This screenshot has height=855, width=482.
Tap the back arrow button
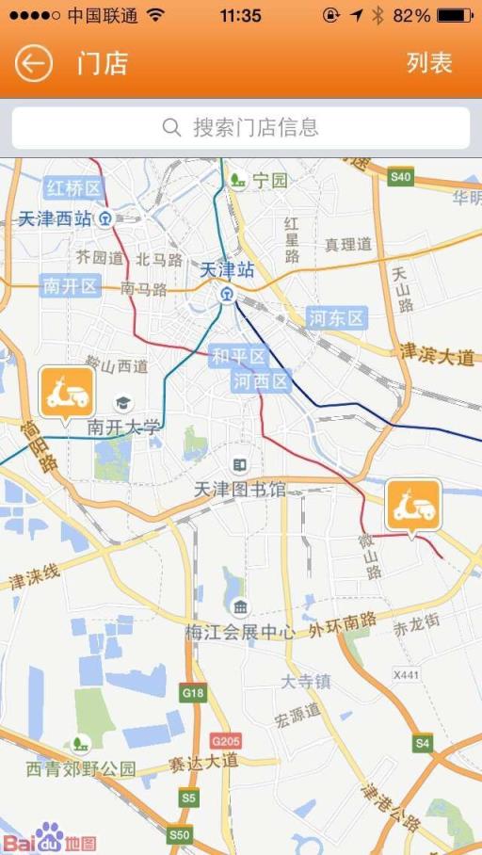pos(34,64)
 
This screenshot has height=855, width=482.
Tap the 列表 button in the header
pos(429,63)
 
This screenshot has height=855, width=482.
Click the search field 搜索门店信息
pos(241,128)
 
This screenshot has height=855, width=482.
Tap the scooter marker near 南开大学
pos(67,393)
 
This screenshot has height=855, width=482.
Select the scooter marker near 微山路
pos(412,506)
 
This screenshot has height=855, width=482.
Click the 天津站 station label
pos(227,270)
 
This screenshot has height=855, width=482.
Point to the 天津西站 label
pos(56,219)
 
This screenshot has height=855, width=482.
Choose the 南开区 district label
pos(71,285)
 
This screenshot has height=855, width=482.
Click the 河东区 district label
pos(336,318)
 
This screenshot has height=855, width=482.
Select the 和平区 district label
pos(238,356)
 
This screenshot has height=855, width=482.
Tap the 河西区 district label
pos(262,381)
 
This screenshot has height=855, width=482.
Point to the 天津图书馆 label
pos(239,489)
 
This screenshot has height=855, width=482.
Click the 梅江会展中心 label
pos(240,631)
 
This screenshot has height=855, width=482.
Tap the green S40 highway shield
pos(401,176)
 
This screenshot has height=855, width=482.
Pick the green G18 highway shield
pos(193,693)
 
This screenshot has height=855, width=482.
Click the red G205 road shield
pos(226,741)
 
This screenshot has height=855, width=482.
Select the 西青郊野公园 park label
pos(81,767)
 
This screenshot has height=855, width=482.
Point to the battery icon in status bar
pos(457,16)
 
